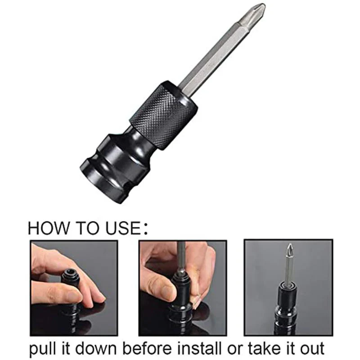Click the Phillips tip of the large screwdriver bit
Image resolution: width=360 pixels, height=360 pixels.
256,11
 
